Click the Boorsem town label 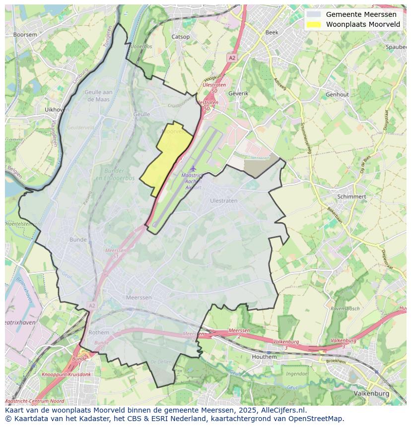(25, 35)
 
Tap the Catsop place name (180, 37)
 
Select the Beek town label (272, 32)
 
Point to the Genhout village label (337, 94)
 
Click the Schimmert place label (351, 196)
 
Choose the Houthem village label (264, 357)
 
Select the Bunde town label (78, 240)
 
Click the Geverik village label (238, 93)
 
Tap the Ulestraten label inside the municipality (223, 201)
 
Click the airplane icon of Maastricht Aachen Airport (193, 169)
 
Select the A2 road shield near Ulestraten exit (232, 58)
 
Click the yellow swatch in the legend (313, 24)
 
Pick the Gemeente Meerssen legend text (361, 14)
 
